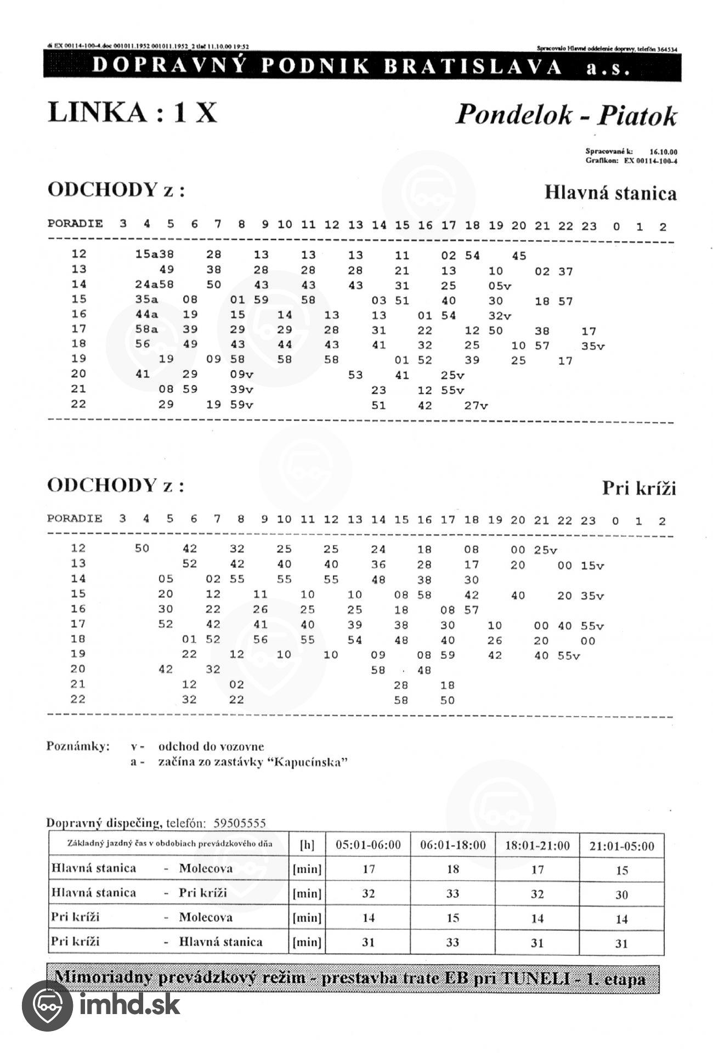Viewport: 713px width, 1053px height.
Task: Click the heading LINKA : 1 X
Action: point(133,112)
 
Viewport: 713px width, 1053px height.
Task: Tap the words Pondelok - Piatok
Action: point(566,115)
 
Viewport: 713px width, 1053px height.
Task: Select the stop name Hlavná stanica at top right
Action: point(610,193)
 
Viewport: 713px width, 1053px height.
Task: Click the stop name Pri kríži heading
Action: point(638,488)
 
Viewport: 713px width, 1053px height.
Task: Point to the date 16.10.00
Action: point(663,151)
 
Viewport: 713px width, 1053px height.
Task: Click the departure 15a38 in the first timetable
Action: point(155,254)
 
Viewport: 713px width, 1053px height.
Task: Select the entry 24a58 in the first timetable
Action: point(155,285)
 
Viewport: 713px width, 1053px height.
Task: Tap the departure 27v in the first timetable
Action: point(476,406)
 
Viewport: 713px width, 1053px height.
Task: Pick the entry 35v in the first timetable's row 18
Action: point(593,346)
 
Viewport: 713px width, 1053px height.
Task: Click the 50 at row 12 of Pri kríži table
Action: point(142,548)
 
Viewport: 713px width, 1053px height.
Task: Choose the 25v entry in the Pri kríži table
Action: point(545,550)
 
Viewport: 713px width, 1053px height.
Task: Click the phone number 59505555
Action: point(240,823)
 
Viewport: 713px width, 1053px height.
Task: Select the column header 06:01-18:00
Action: point(452,845)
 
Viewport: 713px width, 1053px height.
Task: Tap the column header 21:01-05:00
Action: point(621,846)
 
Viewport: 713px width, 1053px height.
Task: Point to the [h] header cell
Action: point(307,845)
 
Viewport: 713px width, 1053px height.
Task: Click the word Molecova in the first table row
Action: point(206,869)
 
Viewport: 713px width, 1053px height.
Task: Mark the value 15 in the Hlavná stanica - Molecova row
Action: point(621,870)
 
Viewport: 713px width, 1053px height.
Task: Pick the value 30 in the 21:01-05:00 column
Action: point(621,895)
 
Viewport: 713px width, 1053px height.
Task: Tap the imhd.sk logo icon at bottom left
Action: point(47,1005)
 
